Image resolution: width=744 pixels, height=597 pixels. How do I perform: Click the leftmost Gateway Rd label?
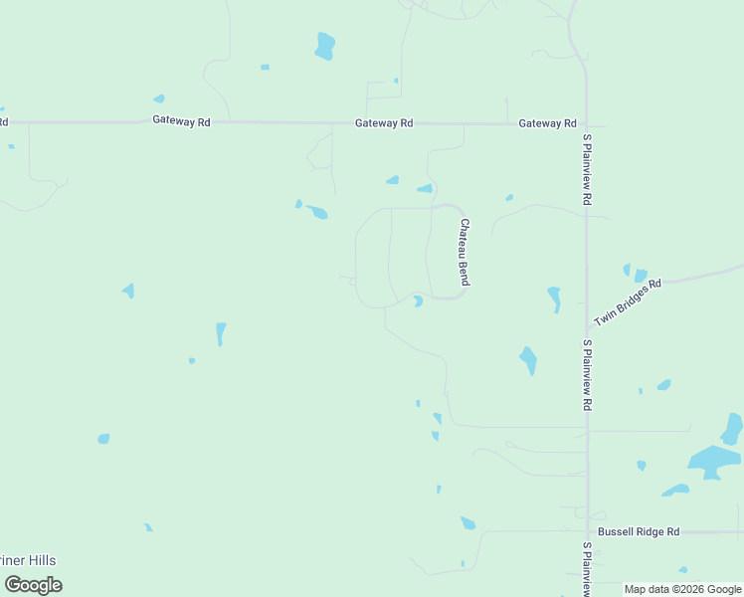pos(181,121)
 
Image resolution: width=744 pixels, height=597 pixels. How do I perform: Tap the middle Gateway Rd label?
pos(384,123)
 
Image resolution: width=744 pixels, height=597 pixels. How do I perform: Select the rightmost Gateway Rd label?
pos(547,123)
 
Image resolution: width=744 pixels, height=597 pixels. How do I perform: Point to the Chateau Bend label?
pos(464,253)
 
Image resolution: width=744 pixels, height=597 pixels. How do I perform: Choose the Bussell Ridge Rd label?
pos(639,532)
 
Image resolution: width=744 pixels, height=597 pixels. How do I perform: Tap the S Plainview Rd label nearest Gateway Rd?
pos(588,170)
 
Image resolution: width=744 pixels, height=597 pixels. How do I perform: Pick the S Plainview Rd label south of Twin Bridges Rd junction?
pos(588,376)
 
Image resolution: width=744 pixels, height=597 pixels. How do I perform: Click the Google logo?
pos(34,584)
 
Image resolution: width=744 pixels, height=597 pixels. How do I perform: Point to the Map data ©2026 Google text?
pos(682,590)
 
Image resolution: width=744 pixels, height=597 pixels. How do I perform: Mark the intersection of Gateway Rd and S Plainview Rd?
pos(586,125)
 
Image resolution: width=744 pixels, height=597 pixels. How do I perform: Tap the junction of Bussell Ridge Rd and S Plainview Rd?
pos(587,532)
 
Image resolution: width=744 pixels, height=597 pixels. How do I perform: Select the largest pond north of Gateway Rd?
pos(324,46)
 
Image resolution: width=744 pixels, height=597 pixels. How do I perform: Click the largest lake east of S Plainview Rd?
pos(714,460)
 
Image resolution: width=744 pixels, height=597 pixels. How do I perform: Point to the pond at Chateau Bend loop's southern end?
pos(418,300)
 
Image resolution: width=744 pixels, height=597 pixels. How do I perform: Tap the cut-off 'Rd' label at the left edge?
pos(4,122)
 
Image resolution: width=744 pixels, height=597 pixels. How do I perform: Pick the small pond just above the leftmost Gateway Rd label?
pos(159,99)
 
